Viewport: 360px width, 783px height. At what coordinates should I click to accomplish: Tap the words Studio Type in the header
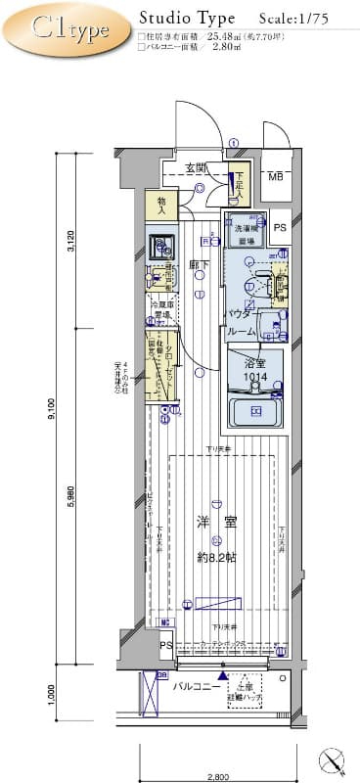(x=186, y=18)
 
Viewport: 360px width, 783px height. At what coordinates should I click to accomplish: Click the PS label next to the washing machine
(x=281, y=228)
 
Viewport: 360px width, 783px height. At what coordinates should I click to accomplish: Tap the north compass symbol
(x=334, y=759)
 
